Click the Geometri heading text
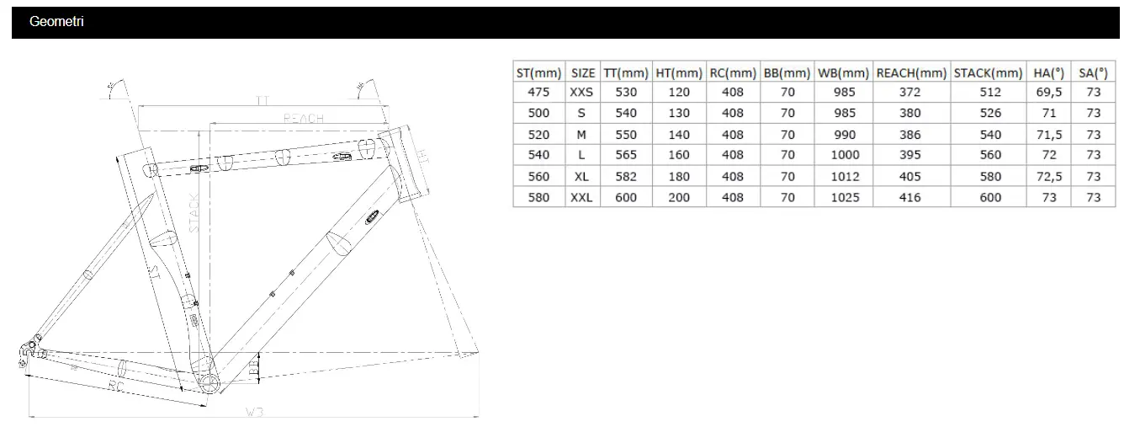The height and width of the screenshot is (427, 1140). click(56, 22)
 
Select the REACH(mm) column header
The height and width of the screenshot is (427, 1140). click(911, 73)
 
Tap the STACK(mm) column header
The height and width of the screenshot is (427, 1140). click(989, 73)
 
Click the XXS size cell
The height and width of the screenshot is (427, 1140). click(581, 92)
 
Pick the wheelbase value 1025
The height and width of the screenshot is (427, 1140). click(844, 197)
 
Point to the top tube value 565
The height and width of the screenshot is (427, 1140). click(626, 155)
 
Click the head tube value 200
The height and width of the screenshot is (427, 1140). click(678, 197)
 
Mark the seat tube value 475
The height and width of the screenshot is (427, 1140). click(538, 92)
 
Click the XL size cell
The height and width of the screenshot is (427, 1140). click(581, 176)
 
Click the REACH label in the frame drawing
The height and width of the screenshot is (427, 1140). click(303, 119)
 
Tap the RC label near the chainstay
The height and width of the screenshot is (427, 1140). click(117, 386)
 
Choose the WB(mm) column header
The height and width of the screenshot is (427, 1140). click(843, 73)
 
